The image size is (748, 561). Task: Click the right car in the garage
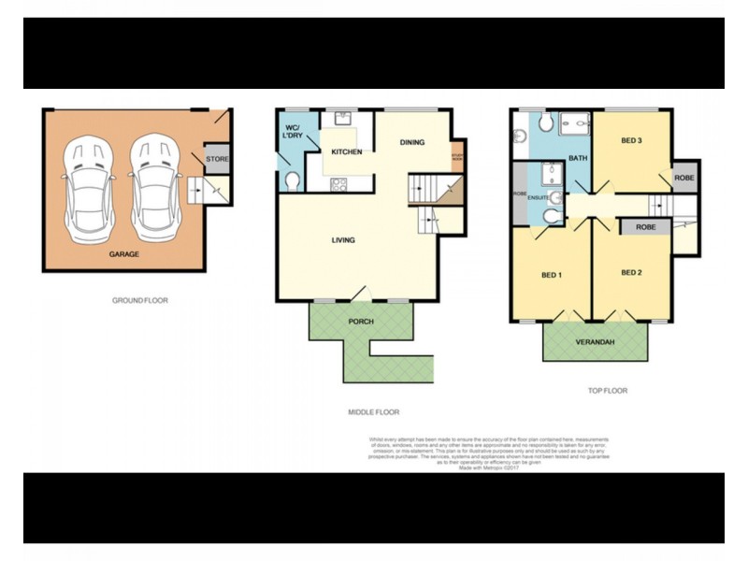tap(152, 186)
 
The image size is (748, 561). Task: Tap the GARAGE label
tap(123, 254)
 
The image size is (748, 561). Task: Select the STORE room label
tap(217, 159)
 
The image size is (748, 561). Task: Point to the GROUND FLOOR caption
tap(138, 301)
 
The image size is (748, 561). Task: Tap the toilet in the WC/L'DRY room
tap(292, 179)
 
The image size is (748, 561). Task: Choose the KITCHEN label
tap(346, 152)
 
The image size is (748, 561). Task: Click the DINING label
tap(412, 143)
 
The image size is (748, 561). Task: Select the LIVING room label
tap(343, 240)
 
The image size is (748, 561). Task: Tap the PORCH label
tap(361, 322)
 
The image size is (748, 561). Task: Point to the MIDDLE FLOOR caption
tap(373, 411)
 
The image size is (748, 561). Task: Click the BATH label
tap(578, 158)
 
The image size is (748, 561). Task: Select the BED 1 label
tap(552, 274)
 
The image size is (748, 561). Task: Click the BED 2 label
tap(632, 272)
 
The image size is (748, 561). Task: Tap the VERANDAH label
tap(596, 342)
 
